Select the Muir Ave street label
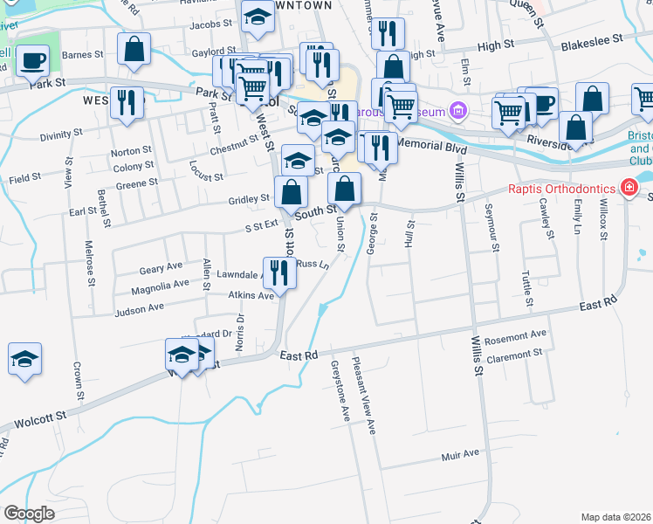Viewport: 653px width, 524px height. pos(460,454)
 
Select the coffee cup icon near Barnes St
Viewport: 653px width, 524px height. pos(32,61)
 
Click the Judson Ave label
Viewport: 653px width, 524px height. pos(140,308)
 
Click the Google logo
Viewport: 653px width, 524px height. pos(30,514)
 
